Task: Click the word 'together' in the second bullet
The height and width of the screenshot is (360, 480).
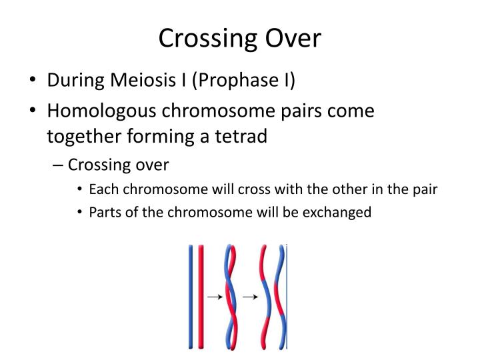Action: (80, 136)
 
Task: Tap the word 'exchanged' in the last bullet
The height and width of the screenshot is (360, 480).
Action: (337, 213)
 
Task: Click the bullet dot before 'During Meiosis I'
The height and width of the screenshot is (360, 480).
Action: (33, 81)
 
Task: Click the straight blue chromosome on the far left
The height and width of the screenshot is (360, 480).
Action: (191, 296)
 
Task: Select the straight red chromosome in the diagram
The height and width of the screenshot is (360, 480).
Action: (201, 296)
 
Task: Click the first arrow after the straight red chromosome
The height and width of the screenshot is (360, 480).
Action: (215, 297)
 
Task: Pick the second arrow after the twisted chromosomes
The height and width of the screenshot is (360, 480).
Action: (250, 297)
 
